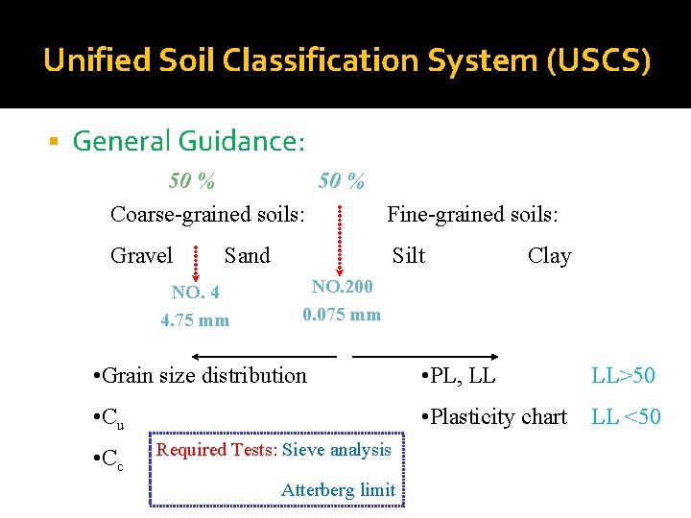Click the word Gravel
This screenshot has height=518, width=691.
pyautogui.click(x=142, y=255)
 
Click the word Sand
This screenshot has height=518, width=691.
pyautogui.click(x=248, y=255)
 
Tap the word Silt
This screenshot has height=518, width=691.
pyautogui.click(x=409, y=255)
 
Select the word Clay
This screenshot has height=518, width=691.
pyautogui.click(x=550, y=256)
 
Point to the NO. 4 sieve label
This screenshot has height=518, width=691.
pyautogui.click(x=195, y=293)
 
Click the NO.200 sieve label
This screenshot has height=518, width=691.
pyautogui.click(x=342, y=286)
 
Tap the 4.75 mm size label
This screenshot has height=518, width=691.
pyautogui.click(x=195, y=320)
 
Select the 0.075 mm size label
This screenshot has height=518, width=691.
pyautogui.click(x=342, y=315)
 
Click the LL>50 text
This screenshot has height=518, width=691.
pyautogui.click(x=624, y=375)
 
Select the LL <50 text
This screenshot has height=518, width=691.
pyautogui.click(x=626, y=416)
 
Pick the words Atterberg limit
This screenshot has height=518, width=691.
pyautogui.click(x=338, y=490)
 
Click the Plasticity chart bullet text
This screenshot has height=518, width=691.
pyautogui.click(x=492, y=416)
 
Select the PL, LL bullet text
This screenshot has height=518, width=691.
pyautogui.click(x=458, y=375)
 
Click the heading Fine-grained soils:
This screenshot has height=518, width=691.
pyautogui.click(x=472, y=214)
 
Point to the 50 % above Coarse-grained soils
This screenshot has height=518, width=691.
pyautogui.click(x=192, y=180)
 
